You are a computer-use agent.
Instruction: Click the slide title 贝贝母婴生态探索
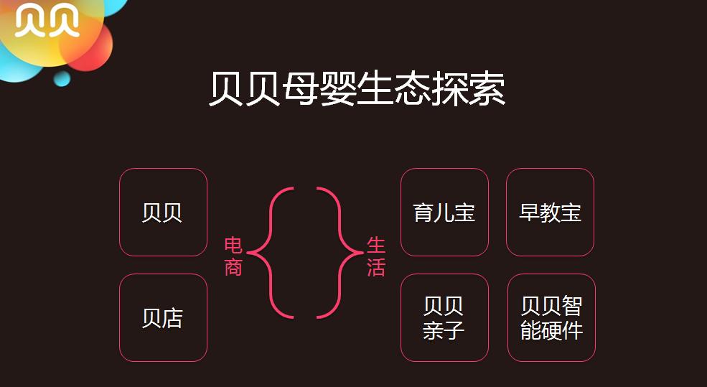(357, 90)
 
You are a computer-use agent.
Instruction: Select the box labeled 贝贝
(163, 213)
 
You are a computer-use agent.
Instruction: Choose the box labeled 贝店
(163, 317)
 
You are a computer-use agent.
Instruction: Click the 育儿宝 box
(444, 213)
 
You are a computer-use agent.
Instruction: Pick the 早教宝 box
(550, 213)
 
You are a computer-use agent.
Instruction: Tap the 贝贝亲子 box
(444, 317)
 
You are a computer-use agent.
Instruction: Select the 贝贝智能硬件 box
(551, 317)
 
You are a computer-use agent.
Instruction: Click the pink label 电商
(233, 256)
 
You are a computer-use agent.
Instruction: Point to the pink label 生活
(376, 256)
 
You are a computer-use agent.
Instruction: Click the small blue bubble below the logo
(62, 78)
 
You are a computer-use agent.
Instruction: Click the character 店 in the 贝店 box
(173, 318)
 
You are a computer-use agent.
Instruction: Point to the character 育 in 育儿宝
(423, 213)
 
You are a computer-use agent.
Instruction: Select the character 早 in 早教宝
(529, 213)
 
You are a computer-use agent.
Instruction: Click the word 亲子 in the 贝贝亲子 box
(444, 330)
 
